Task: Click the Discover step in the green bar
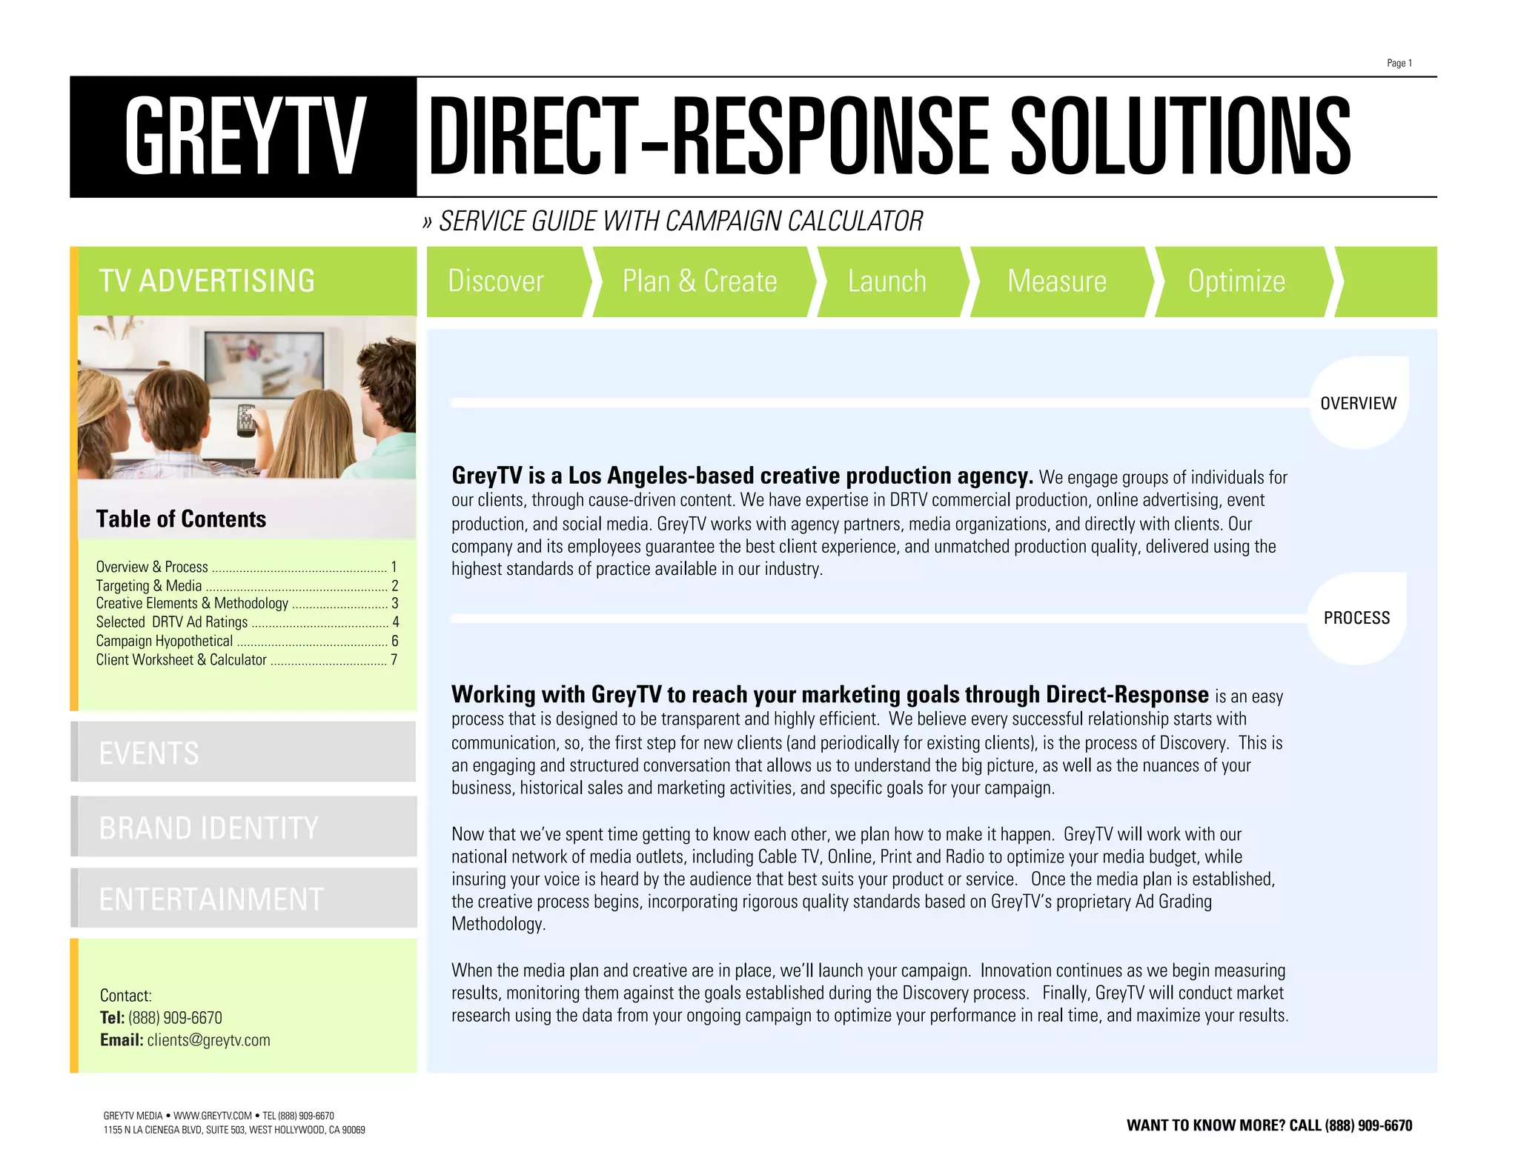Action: point(497,282)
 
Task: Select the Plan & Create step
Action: point(700,282)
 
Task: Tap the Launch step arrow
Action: point(887,282)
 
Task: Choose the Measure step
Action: point(1057,282)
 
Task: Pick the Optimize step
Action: point(1236,282)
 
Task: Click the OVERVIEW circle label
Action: point(1358,403)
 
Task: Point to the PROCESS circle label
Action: point(1356,618)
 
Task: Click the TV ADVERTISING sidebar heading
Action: point(207,282)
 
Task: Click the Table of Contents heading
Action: point(181,519)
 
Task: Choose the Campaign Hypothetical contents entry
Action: point(165,641)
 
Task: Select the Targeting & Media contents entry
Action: point(149,585)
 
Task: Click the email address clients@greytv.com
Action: point(208,1040)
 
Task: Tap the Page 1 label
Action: point(1399,63)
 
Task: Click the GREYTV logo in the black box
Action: point(244,137)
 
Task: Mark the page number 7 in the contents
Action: point(394,659)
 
